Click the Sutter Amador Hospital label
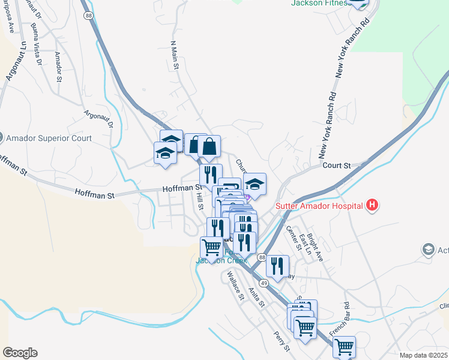coord(319,206)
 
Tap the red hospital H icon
coord(372,206)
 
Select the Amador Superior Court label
coord(49,138)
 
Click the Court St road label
coord(336,165)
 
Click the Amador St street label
coord(58,66)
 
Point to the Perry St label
coord(282,341)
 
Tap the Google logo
coord(20,353)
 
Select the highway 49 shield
coord(264,283)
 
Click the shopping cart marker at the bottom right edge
coord(344,346)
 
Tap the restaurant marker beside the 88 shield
coord(277,266)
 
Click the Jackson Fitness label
coord(320,3)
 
